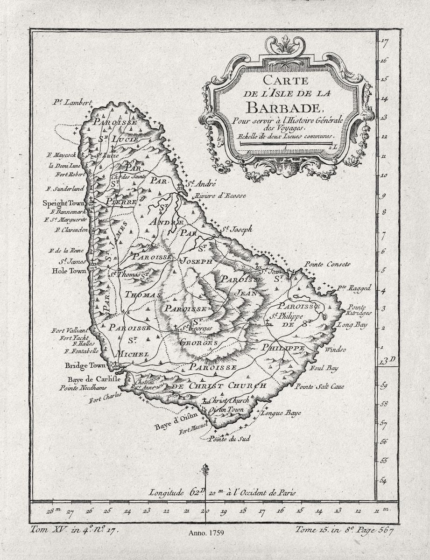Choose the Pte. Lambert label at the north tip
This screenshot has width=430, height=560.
73,102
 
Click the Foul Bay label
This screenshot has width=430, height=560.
324,368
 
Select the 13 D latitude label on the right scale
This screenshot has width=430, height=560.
387,360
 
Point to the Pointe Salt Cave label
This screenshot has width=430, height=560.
319,387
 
